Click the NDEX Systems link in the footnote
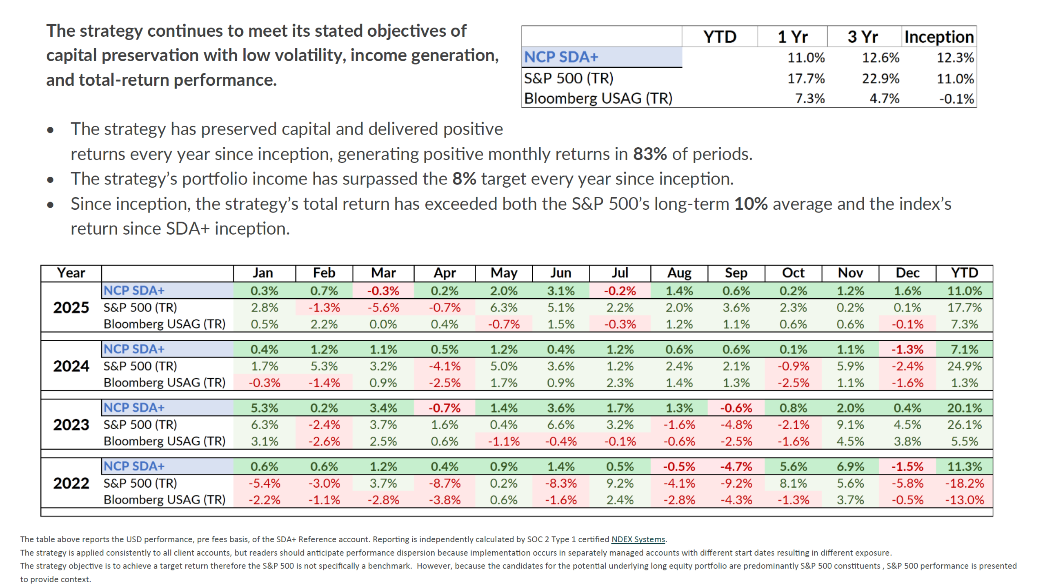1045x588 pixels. pos(638,539)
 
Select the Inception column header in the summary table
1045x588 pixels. pos(938,37)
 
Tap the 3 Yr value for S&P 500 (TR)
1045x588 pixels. pos(880,78)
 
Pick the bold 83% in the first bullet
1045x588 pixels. pos(649,154)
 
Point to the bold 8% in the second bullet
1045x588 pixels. pos(464,179)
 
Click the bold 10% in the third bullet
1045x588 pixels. pos(750,204)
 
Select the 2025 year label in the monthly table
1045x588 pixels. pos(71,307)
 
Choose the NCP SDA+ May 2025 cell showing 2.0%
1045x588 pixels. pos(503,291)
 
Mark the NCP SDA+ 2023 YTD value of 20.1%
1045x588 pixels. pos(964,408)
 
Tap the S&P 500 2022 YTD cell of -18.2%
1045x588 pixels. pos(964,483)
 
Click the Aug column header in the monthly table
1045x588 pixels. pos(679,273)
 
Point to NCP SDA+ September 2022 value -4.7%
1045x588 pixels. pos(736,466)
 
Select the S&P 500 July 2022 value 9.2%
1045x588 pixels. pos(619,483)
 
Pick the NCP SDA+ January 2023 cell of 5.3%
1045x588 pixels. pos(264,408)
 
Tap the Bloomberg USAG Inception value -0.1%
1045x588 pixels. pos(956,98)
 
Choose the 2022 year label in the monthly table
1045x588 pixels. pos(71,483)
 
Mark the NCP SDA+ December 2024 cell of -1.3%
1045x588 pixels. pos(907,349)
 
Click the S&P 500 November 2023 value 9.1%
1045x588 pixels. pos(850,424)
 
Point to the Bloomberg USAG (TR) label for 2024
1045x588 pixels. pos(164,382)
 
